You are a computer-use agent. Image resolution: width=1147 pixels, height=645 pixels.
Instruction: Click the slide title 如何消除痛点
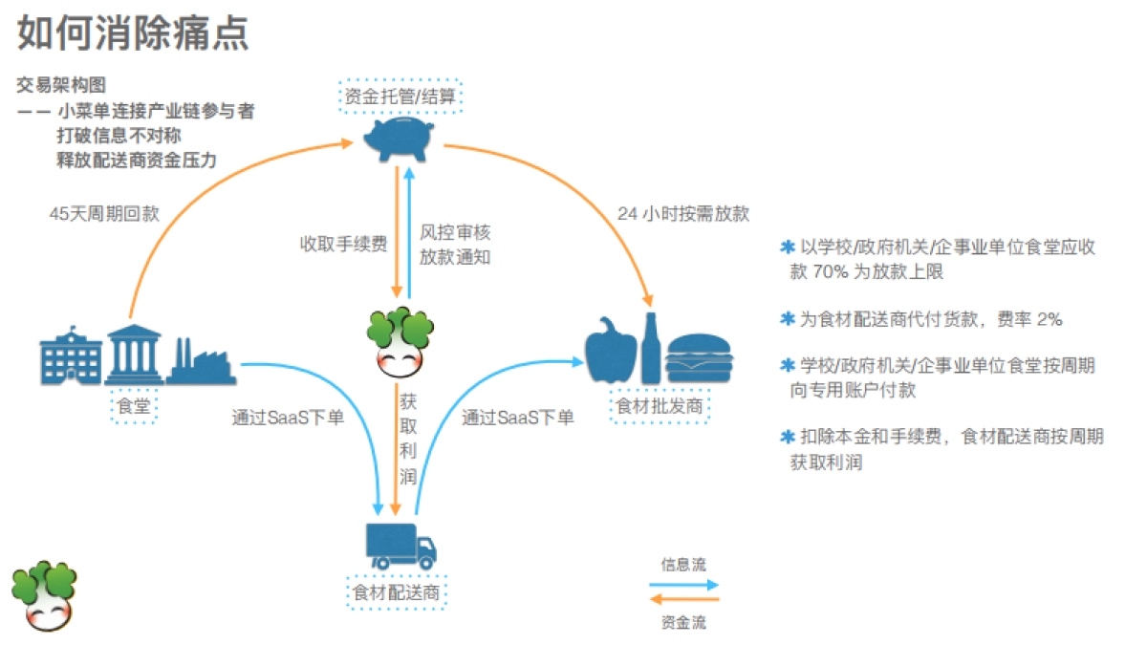click(x=133, y=33)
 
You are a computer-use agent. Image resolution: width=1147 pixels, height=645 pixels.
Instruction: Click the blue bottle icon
click(x=651, y=349)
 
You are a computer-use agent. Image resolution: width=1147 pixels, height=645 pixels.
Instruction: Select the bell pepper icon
click(x=610, y=351)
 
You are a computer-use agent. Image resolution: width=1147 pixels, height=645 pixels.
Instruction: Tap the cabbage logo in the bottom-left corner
click(x=44, y=596)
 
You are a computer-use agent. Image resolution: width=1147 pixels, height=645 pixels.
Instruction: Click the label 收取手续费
click(x=343, y=244)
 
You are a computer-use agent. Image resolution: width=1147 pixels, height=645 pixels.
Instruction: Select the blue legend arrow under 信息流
click(x=683, y=584)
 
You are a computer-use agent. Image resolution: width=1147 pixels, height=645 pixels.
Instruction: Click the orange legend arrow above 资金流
click(x=683, y=600)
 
